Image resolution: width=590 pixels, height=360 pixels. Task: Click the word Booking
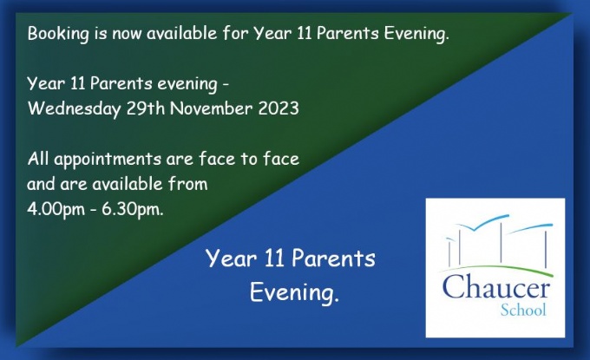pyautogui.click(x=58, y=34)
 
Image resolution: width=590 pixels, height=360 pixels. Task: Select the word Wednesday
pyautogui.click(x=74, y=109)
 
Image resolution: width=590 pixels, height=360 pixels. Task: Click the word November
pyautogui.click(x=211, y=108)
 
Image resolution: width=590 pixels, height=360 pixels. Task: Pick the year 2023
pyautogui.click(x=279, y=108)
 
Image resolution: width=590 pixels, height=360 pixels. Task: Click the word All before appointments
pyautogui.click(x=38, y=159)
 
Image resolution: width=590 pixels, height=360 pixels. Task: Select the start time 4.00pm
pyautogui.click(x=56, y=210)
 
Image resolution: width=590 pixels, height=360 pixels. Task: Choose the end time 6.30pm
pyautogui.click(x=133, y=210)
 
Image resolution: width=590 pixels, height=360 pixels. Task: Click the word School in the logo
pyautogui.click(x=523, y=311)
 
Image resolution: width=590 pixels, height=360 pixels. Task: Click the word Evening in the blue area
pyautogui.click(x=294, y=292)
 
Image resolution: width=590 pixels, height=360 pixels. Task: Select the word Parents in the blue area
pyautogui.click(x=333, y=259)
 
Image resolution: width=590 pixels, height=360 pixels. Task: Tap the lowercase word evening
pyautogui.click(x=187, y=84)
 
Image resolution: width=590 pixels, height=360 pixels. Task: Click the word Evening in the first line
pyautogui.click(x=416, y=34)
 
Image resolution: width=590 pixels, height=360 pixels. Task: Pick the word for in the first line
pyautogui.click(x=235, y=34)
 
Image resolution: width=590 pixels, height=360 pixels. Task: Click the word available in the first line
pyautogui.click(x=182, y=34)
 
